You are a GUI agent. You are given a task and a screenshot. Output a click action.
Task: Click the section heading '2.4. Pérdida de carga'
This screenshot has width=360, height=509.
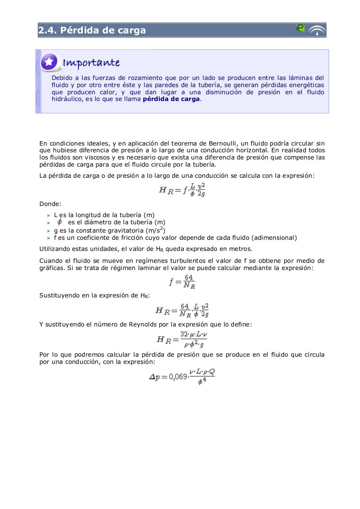[x=92, y=30]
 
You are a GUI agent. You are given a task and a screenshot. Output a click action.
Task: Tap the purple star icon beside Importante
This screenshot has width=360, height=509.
[x=50, y=62]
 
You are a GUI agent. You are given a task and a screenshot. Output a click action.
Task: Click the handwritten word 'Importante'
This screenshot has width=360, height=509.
[x=91, y=63]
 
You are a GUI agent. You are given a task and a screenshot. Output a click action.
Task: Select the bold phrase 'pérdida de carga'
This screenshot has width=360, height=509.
[x=171, y=99]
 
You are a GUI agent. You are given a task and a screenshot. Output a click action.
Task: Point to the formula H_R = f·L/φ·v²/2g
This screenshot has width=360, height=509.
[x=182, y=190]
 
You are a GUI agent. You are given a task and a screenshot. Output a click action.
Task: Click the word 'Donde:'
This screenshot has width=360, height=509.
[x=50, y=204]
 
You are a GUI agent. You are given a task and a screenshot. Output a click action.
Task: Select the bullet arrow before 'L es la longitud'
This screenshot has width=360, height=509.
[x=49, y=215]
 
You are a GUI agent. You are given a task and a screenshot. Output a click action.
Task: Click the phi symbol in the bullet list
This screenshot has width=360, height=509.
[x=60, y=222]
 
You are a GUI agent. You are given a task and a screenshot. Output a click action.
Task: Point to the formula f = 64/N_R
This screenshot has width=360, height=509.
[x=182, y=282]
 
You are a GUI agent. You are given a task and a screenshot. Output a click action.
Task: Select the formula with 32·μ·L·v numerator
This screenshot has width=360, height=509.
[x=182, y=339]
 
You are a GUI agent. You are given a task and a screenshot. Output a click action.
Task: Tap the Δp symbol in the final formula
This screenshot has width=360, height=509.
[x=155, y=377]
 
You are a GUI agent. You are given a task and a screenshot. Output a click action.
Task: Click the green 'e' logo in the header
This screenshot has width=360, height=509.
[x=300, y=28]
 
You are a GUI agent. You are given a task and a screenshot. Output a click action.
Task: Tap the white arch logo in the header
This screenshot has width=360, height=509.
[x=317, y=30]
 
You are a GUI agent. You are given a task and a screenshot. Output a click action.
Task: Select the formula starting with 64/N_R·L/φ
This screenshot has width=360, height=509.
[x=182, y=310]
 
